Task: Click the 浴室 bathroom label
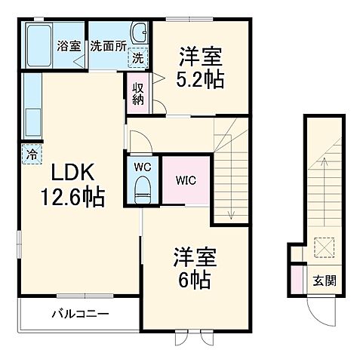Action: click(69, 45)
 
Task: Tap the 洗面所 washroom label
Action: click(107, 45)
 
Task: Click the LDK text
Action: click(72, 173)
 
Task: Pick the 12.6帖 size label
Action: click(72, 197)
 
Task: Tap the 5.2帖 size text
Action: click(201, 79)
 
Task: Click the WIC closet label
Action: click(187, 181)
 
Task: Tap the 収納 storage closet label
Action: click(137, 93)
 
